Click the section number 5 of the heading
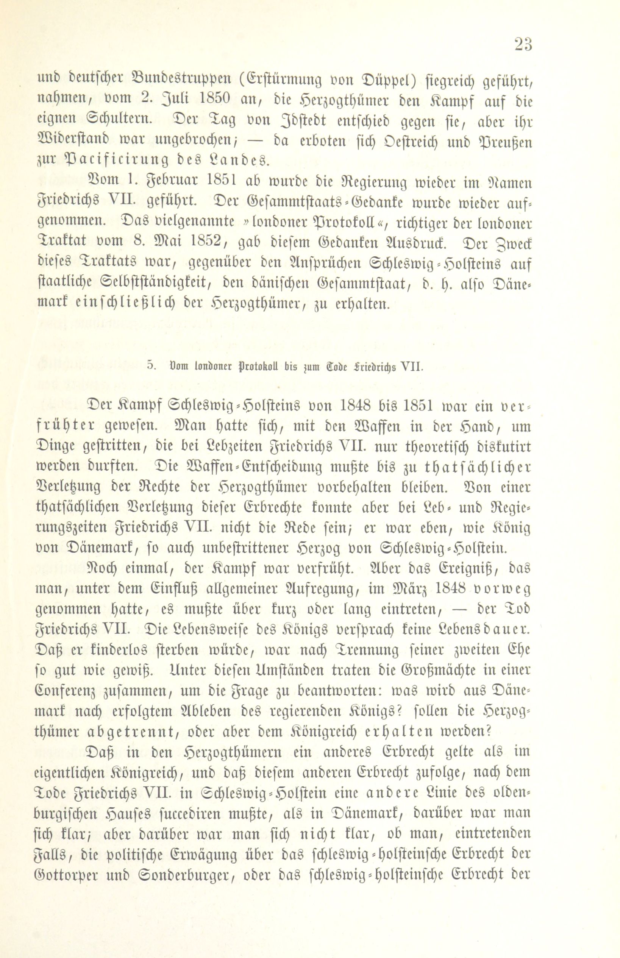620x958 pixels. (151, 367)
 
